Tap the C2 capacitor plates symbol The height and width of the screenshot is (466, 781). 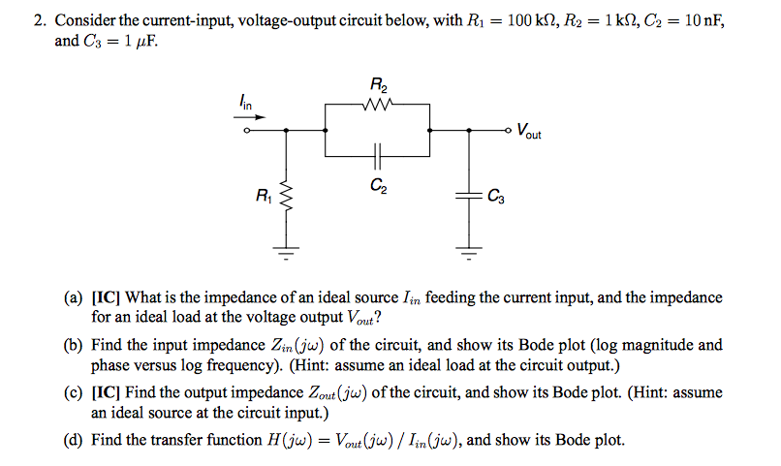[378, 154]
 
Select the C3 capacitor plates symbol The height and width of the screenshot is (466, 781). [470, 197]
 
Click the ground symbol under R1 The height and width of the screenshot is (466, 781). [286, 254]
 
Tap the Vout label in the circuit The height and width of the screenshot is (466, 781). [529, 130]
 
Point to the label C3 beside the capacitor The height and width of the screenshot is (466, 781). [495, 198]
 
